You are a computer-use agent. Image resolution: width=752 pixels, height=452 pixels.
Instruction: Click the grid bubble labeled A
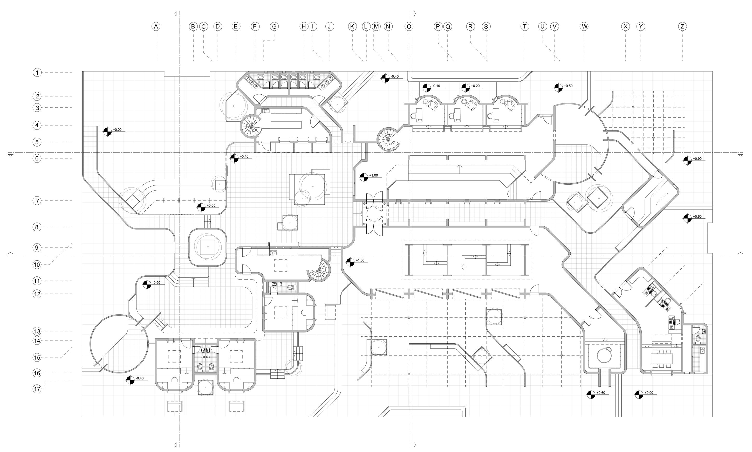point(156,26)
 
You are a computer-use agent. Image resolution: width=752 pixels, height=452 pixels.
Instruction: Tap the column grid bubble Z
point(682,26)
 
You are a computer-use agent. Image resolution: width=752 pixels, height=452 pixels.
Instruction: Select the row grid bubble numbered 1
point(37,73)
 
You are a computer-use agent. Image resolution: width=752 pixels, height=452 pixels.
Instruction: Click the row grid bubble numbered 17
point(37,389)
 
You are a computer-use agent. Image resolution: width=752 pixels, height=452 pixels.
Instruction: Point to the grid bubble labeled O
point(409,26)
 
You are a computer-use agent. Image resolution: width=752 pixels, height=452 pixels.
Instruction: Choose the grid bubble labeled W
point(584,26)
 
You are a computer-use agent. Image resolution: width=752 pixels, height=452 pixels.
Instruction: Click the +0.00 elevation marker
point(107,131)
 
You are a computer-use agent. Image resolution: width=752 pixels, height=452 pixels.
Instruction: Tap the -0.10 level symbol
point(427,88)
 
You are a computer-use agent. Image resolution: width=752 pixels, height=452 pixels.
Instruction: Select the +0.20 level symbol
point(465,88)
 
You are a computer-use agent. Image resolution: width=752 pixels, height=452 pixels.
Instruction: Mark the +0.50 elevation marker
point(558,88)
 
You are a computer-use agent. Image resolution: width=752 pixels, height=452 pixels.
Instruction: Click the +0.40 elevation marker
point(234,158)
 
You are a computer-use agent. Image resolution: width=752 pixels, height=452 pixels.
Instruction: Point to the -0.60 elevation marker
point(147,284)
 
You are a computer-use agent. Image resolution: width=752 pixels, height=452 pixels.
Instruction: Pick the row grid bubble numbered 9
point(37,248)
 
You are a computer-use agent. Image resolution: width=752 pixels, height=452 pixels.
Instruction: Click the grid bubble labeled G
point(274,26)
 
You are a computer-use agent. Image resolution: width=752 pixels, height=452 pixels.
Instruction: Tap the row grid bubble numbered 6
point(37,158)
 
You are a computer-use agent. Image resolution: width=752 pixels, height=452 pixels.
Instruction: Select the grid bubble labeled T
point(525,26)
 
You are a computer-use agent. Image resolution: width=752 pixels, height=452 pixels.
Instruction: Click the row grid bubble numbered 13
point(37,331)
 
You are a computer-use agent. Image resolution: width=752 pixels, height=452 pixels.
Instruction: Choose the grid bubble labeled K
point(352,26)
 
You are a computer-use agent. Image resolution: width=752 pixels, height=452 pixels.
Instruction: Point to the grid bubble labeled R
point(470,26)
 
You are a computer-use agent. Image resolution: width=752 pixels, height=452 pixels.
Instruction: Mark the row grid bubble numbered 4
point(37,125)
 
